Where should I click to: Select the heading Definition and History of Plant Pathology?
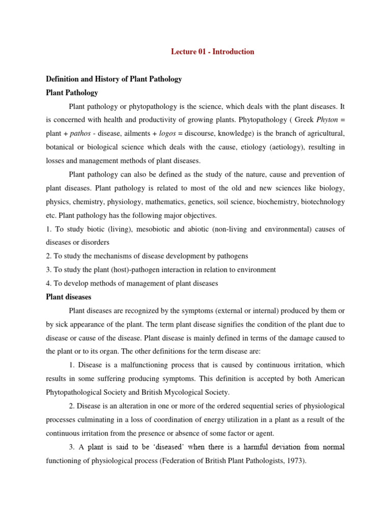point(114,79)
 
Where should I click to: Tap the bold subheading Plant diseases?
point(68,297)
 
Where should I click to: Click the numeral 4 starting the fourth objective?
point(48,283)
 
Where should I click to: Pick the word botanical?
point(61,148)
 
